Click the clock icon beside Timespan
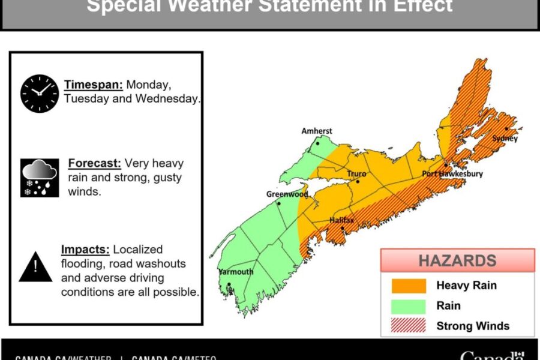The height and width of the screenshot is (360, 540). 40,93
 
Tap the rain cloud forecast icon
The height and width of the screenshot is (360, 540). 40,177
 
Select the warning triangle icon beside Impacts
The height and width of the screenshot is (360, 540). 35,266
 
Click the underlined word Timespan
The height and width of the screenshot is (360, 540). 94,84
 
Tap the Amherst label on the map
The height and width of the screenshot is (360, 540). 316,131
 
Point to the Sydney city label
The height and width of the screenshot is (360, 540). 504,139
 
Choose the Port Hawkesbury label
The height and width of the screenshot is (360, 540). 452,174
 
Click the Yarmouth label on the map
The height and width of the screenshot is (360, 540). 236,272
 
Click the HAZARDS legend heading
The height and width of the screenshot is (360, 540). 457,261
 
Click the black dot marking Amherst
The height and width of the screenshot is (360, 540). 318,144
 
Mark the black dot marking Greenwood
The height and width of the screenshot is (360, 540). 278,203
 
